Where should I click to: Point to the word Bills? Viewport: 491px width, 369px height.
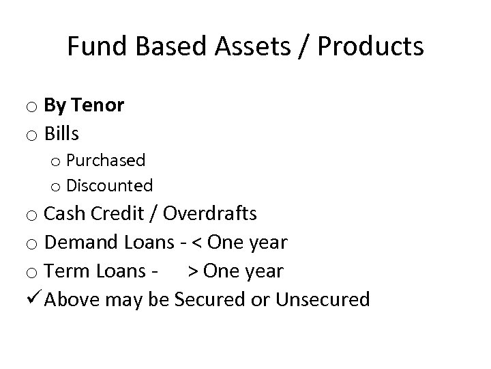tap(61, 133)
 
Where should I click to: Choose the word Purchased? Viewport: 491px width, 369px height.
tap(106, 161)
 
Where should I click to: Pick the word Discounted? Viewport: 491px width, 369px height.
tap(110, 185)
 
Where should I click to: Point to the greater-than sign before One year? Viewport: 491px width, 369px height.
tap(194, 271)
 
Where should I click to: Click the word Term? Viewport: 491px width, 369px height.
tap(67, 271)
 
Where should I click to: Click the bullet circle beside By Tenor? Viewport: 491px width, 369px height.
tap(33, 107)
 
